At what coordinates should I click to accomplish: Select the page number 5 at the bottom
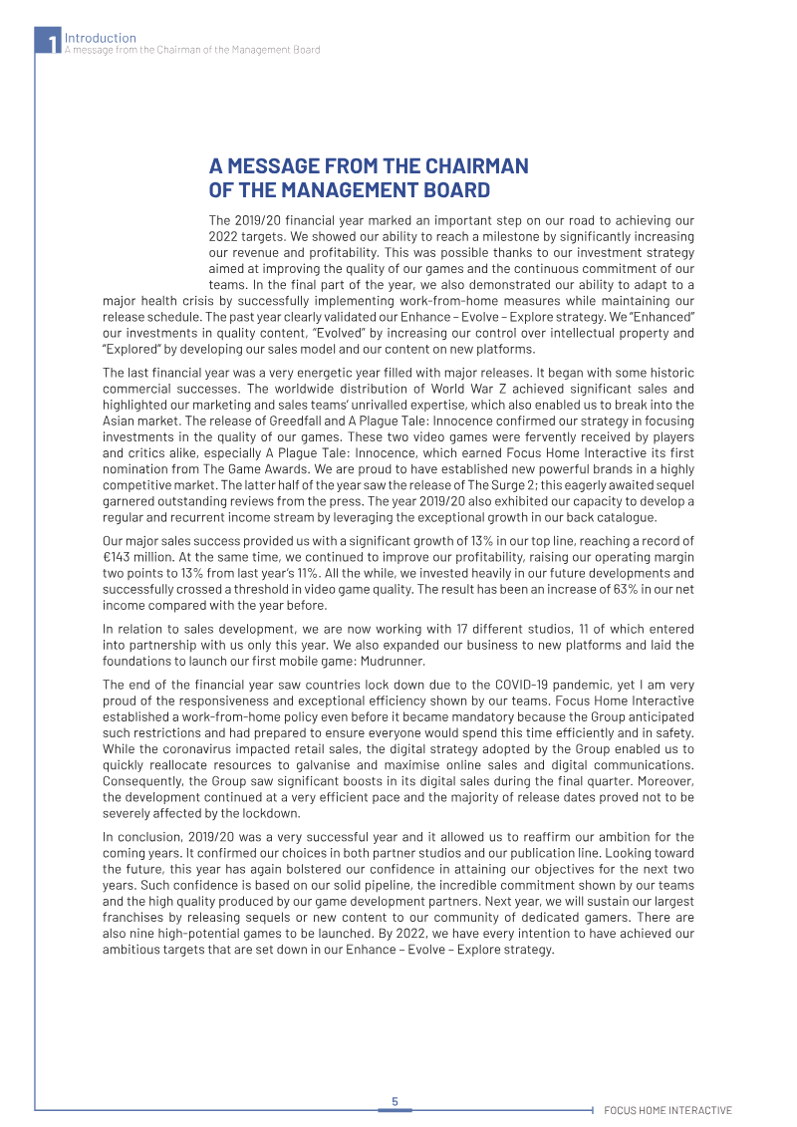point(395,1101)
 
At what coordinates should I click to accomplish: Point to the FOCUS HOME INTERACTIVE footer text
point(667,1110)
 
